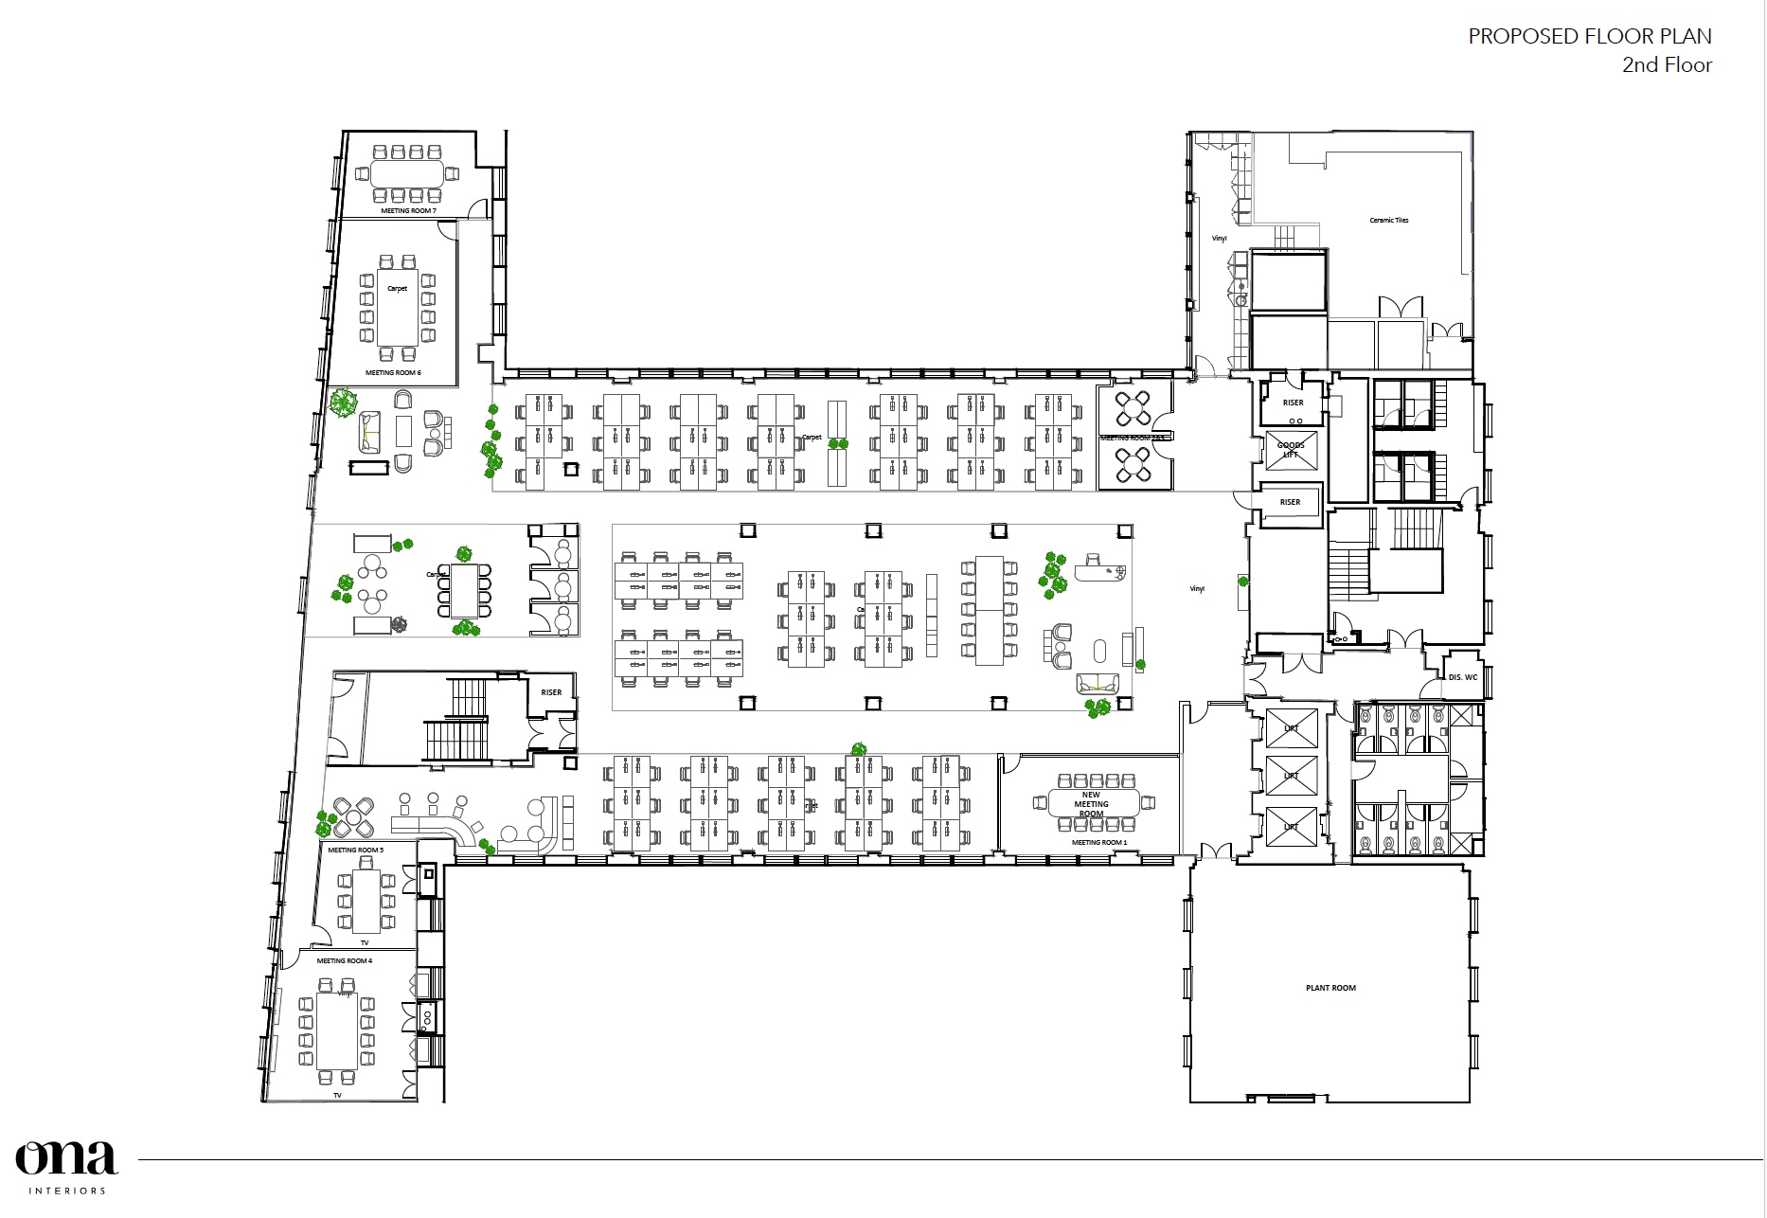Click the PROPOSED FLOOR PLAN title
pyautogui.click(x=1589, y=37)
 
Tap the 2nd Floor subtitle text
pyautogui.click(x=1667, y=65)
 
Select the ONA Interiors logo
pyautogui.click(x=66, y=1166)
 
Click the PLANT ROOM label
pyautogui.click(x=1330, y=988)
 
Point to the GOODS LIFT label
pyautogui.click(x=1291, y=450)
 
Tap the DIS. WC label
pyautogui.click(x=1462, y=677)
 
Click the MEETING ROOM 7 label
pyautogui.click(x=408, y=210)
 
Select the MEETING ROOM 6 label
pyautogui.click(x=393, y=373)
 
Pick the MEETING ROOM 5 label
pyautogui.click(x=355, y=850)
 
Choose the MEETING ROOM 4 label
pyautogui.click(x=344, y=960)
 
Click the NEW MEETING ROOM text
pyautogui.click(x=1091, y=804)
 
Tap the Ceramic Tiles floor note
pyautogui.click(x=1388, y=220)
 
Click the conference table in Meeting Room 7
pyautogui.click(x=407, y=173)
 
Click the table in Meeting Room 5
pyautogui.click(x=366, y=897)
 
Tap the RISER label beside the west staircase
pyautogui.click(x=551, y=692)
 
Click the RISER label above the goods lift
pyautogui.click(x=1293, y=403)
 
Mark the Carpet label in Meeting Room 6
pyautogui.click(x=398, y=288)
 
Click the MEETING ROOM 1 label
pyautogui.click(x=1098, y=842)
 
